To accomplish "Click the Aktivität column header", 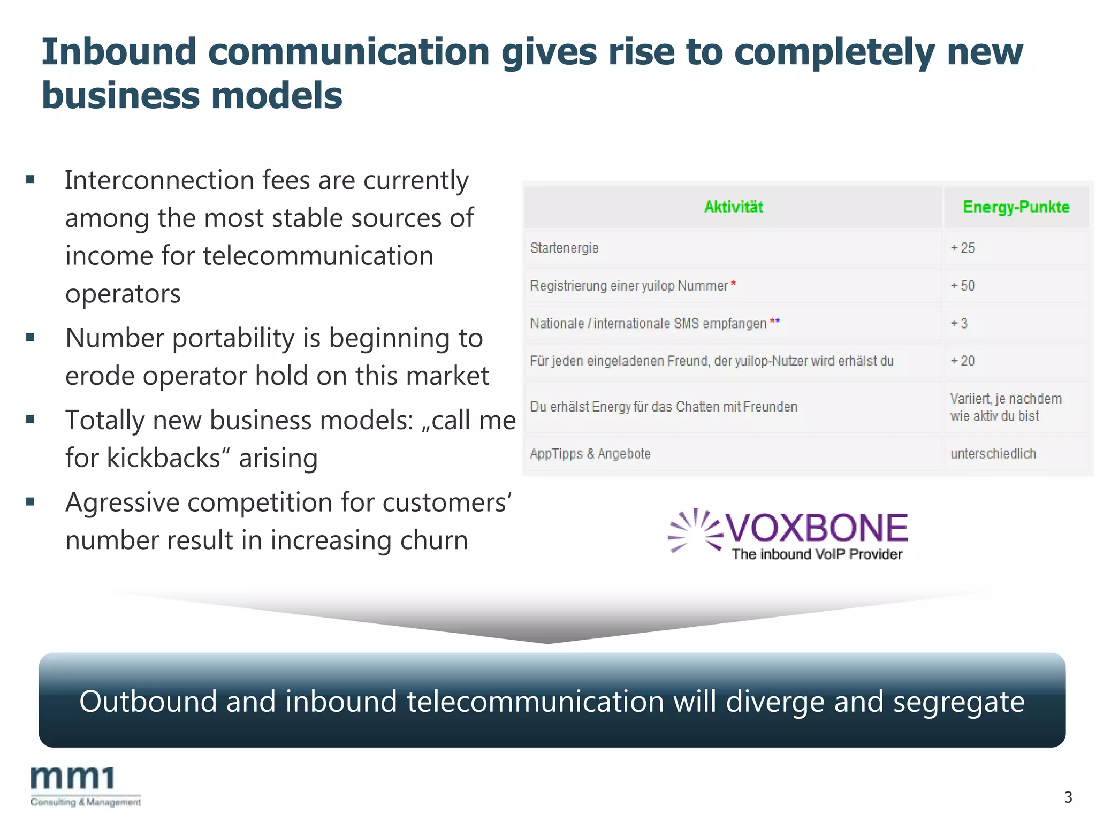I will [x=733, y=207].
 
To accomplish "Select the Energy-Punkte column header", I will [x=1016, y=207].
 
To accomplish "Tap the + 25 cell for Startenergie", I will [x=962, y=248].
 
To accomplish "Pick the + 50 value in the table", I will [x=962, y=286].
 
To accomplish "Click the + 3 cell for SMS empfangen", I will [x=958, y=323].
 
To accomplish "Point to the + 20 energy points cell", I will [x=962, y=361].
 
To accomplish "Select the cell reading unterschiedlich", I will [x=993, y=454].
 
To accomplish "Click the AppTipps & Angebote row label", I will [x=590, y=454].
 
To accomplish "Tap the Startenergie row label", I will [x=564, y=248].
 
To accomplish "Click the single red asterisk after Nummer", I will [x=734, y=283].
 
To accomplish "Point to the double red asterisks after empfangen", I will [x=775, y=321].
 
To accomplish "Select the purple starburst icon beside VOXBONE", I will [x=695, y=530].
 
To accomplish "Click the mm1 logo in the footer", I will [x=72, y=779].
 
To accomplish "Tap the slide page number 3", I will [x=1068, y=797].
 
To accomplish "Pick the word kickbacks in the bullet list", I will [x=164, y=458].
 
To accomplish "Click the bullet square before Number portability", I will [x=31, y=338].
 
